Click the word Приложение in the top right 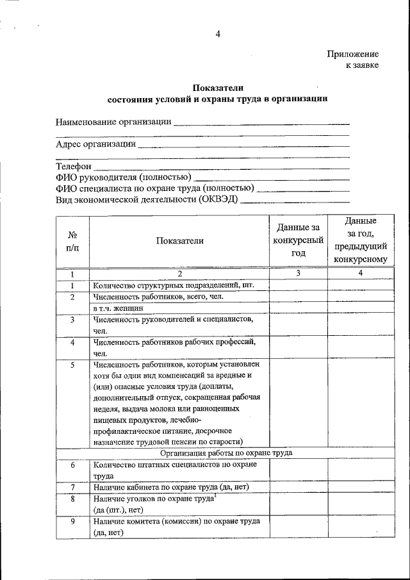(352, 54)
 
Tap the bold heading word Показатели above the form (218, 88)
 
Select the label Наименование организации (113, 122)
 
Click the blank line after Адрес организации (243, 145)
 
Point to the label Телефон (74, 167)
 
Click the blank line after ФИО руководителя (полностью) (271, 178)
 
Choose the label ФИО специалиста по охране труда (154, 188)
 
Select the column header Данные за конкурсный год (298, 240)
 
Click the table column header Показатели (179, 240)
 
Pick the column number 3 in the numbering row (298, 274)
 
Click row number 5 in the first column (72, 365)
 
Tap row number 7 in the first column (72, 487)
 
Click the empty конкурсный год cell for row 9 (298, 527)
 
